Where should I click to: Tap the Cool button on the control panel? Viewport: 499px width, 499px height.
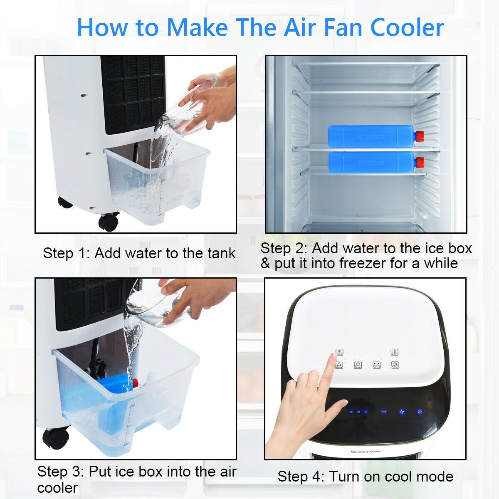340,352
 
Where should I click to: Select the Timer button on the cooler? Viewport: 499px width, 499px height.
358,365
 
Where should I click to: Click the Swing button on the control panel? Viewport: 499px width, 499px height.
377,365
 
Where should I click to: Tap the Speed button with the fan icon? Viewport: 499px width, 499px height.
395,365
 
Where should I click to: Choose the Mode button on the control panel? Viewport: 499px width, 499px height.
339,365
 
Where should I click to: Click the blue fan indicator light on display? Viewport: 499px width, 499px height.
402,412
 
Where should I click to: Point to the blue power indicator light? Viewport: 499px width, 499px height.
420,412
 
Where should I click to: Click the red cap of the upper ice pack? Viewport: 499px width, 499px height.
419,136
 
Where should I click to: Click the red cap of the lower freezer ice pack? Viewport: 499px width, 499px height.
419,161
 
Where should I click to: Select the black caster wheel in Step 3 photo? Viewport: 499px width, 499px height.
56,437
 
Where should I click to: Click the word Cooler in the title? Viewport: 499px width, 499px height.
407,27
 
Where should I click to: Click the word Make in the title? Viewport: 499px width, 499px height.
197,27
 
